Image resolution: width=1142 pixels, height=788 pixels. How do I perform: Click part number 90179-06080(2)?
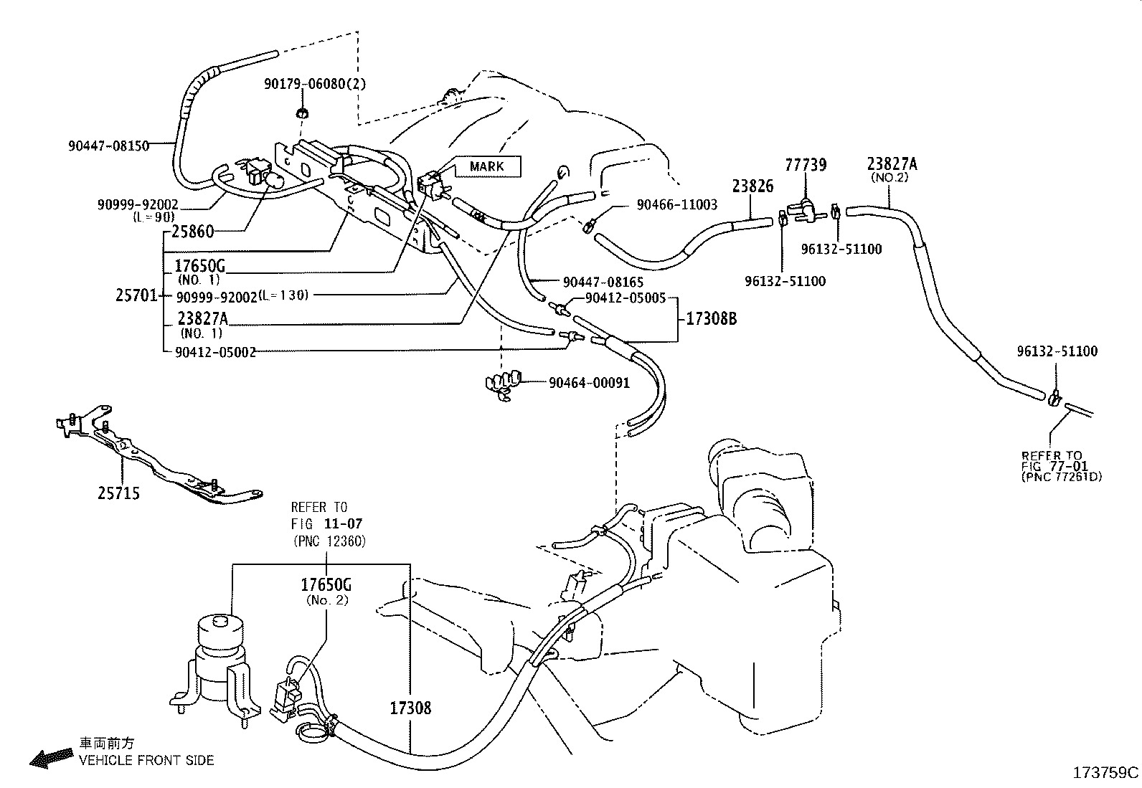(x=315, y=84)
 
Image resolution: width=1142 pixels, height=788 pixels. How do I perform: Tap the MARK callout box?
(x=488, y=166)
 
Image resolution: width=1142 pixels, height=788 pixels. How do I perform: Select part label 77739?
(x=806, y=165)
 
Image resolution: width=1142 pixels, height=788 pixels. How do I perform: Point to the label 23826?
(x=752, y=186)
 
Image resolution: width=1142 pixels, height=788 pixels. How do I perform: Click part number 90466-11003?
(x=677, y=205)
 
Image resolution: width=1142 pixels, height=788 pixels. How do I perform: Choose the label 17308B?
(x=711, y=318)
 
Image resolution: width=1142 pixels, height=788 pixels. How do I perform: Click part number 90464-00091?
(x=590, y=383)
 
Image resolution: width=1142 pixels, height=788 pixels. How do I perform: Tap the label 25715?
(x=119, y=493)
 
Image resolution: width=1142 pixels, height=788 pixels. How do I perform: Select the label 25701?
(x=136, y=295)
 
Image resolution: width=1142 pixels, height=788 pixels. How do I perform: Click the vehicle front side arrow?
(x=51, y=757)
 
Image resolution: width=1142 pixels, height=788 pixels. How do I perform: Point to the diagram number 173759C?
(x=1105, y=773)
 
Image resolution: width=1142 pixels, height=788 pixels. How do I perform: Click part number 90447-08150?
(x=108, y=146)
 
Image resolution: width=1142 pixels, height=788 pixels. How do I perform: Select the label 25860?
(x=193, y=232)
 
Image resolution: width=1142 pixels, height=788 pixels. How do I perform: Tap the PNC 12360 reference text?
(x=330, y=541)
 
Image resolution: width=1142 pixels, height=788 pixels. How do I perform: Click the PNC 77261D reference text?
(x=1062, y=477)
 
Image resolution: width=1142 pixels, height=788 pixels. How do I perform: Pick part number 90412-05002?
(x=215, y=352)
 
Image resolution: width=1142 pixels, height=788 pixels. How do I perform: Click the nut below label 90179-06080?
(x=302, y=113)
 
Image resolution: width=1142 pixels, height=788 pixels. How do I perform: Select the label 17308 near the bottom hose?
(x=410, y=708)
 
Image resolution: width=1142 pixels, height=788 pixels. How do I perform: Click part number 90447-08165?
(x=603, y=282)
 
